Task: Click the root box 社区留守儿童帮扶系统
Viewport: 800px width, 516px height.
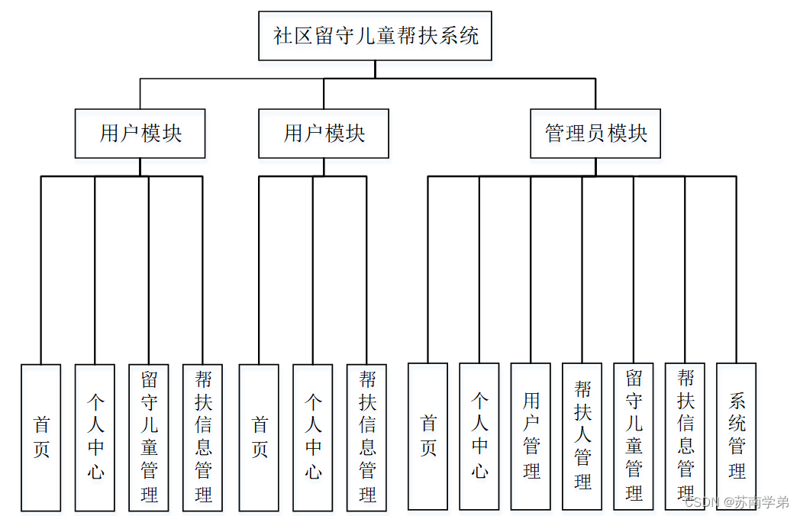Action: [375, 36]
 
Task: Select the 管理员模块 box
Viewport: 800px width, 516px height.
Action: [595, 134]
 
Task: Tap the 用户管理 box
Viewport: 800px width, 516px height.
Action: [531, 436]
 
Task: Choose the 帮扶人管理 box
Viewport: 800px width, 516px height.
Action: [582, 436]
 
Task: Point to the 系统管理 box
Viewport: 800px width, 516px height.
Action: [736, 436]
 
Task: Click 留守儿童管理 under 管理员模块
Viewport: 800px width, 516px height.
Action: [634, 436]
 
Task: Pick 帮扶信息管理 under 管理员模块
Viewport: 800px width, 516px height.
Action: [685, 436]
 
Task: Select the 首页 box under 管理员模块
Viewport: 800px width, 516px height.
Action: [427, 436]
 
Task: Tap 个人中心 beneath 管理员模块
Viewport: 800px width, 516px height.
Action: [479, 436]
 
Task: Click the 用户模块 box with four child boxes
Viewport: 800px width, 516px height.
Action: [140, 134]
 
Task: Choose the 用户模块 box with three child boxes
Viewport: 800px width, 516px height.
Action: [324, 134]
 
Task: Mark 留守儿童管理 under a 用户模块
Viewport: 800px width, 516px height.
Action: [148, 437]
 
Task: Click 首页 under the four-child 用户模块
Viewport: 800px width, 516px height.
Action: [40, 437]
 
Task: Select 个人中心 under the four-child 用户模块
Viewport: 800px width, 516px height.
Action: [95, 437]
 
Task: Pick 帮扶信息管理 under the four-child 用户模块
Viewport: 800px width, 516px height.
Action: [202, 437]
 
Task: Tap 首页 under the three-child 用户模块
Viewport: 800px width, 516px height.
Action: [259, 437]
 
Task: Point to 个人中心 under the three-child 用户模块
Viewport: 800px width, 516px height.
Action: [312, 437]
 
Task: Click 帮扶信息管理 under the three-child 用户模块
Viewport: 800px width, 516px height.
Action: [366, 437]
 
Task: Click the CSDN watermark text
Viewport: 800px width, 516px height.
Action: [736, 502]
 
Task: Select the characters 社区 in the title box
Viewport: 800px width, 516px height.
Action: [293, 36]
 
